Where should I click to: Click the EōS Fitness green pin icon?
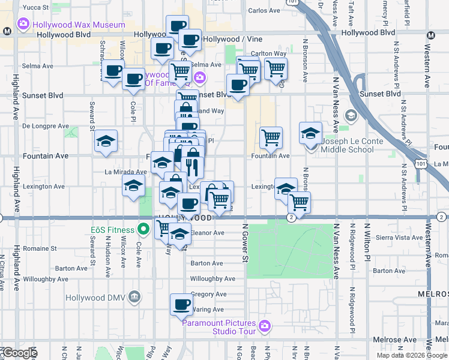click(143, 229)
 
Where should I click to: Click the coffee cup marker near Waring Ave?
click(181, 305)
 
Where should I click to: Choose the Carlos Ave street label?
click(264, 11)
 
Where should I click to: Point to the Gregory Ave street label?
click(208, 294)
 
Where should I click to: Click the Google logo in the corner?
click(20, 353)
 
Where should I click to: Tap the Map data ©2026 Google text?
click(411, 355)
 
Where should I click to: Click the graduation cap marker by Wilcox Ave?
click(133, 185)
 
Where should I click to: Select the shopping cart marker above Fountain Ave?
click(271, 137)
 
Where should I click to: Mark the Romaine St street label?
click(40, 248)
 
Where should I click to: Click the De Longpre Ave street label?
click(46, 126)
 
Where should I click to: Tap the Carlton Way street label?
click(268, 53)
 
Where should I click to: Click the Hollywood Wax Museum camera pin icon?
click(23, 25)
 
